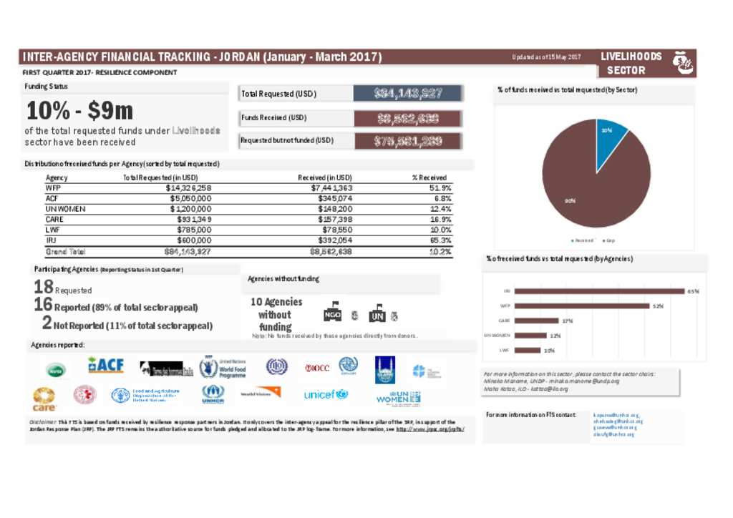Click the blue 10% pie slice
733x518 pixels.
[x=610, y=137]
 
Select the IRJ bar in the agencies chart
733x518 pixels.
[x=599, y=291]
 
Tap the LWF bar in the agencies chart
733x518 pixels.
[x=528, y=350]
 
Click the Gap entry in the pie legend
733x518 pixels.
[x=609, y=240]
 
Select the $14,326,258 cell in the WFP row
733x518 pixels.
[x=188, y=188]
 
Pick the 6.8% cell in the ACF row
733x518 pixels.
[x=442, y=198]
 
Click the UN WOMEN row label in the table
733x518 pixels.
[x=66, y=209]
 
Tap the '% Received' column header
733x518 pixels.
[x=429, y=177]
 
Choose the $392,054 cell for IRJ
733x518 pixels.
[x=331, y=241]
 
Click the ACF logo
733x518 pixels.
[x=106, y=366]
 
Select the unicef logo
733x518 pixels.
[x=325, y=394]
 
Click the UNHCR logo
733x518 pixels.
[x=213, y=394]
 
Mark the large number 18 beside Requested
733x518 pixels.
[x=43, y=288]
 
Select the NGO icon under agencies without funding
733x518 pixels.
[x=332, y=316]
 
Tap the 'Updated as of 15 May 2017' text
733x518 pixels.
[x=546, y=57]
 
